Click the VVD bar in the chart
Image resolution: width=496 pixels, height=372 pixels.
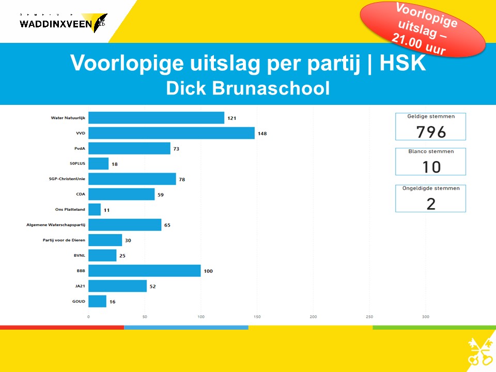[x=172, y=133]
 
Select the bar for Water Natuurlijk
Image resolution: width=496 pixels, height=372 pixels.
[x=156, y=118]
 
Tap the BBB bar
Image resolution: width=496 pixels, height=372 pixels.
[x=144, y=271]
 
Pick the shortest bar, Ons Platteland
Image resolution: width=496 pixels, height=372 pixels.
[x=95, y=210]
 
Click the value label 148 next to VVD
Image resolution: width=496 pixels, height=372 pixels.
[x=262, y=134]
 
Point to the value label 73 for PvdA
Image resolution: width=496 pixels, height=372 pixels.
[x=177, y=149]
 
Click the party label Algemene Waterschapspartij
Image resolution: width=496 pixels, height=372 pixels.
[x=56, y=225]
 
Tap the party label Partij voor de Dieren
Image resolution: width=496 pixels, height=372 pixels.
[x=64, y=240]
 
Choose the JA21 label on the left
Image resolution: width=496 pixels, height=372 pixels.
[x=80, y=286]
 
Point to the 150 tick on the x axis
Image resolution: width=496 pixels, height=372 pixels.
[x=257, y=316]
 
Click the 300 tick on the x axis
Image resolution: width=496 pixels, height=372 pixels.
[x=425, y=316]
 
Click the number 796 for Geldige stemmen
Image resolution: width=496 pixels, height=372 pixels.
[x=431, y=132]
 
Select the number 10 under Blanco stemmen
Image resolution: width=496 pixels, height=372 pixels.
[x=431, y=167]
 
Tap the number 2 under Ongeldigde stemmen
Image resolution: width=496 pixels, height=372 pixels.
[x=431, y=203]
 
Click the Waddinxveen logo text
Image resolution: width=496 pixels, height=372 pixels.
[x=56, y=24]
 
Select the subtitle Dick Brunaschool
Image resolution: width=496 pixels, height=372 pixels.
[x=247, y=88]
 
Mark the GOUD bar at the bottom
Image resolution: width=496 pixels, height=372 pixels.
[x=97, y=301]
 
